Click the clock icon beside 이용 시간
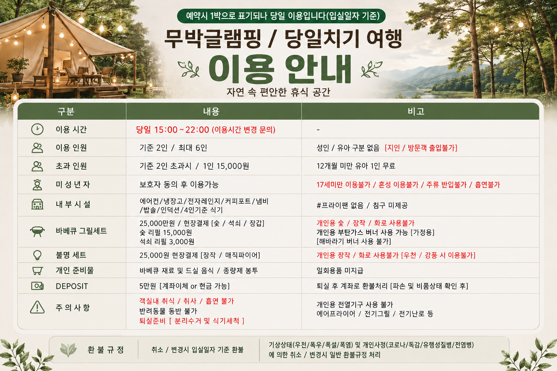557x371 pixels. pos(37,129)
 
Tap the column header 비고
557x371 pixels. pos(416,111)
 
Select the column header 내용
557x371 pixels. pos(211,111)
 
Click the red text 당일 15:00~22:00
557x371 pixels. pos(173,130)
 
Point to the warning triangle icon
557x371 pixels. pos(37,307)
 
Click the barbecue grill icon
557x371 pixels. pos(37,232)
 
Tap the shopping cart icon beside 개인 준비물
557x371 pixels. pos(37,270)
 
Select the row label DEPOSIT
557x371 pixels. pos(72,286)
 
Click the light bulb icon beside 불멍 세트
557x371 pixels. pos(37,255)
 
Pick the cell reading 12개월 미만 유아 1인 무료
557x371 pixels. pos(356,166)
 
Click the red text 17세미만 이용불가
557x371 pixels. pos(343,185)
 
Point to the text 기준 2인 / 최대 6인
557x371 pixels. pos(173,148)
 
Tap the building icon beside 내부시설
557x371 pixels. pos(37,204)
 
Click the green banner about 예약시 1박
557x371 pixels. pos(281,16)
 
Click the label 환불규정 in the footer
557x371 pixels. pos(106,350)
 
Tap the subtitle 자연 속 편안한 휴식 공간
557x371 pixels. pos(278,92)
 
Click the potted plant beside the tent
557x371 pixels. pos(17,70)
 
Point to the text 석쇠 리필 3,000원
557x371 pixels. pos(167,242)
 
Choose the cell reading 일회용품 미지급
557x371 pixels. pos(340,270)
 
